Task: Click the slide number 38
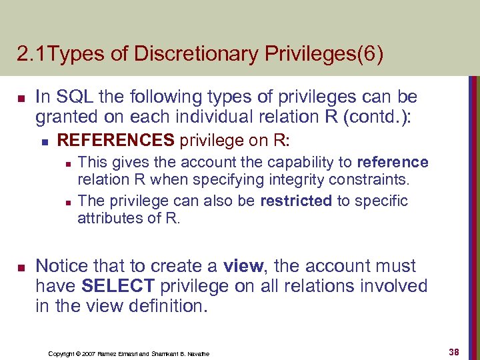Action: click(x=454, y=351)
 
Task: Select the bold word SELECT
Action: click(x=117, y=286)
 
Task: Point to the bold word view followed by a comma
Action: click(x=244, y=266)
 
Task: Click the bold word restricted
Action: click(x=297, y=201)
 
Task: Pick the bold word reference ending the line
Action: click(x=393, y=162)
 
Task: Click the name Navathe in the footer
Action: click(x=195, y=353)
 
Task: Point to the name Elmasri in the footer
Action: click(x=126, y=353)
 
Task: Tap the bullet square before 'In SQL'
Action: click(x=21, y=98)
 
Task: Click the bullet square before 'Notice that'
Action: click(x=21, y=267)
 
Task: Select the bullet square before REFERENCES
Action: click(x=44, y=141)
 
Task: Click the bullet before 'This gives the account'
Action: click(x=68, y=163)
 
